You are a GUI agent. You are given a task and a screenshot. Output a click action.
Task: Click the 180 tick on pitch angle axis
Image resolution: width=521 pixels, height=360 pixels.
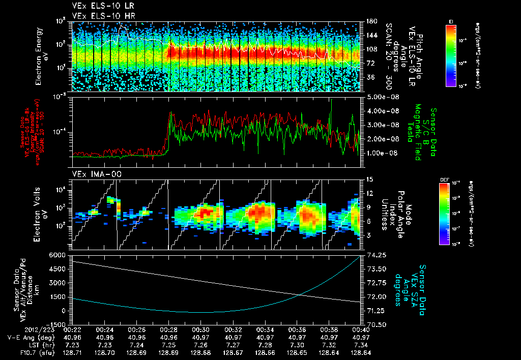[371, 21]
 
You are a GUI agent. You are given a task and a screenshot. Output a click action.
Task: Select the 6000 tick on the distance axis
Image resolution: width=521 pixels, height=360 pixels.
[59, 255]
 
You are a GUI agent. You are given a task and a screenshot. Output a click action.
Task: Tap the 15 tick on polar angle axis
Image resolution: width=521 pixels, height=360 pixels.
[369, 179]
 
